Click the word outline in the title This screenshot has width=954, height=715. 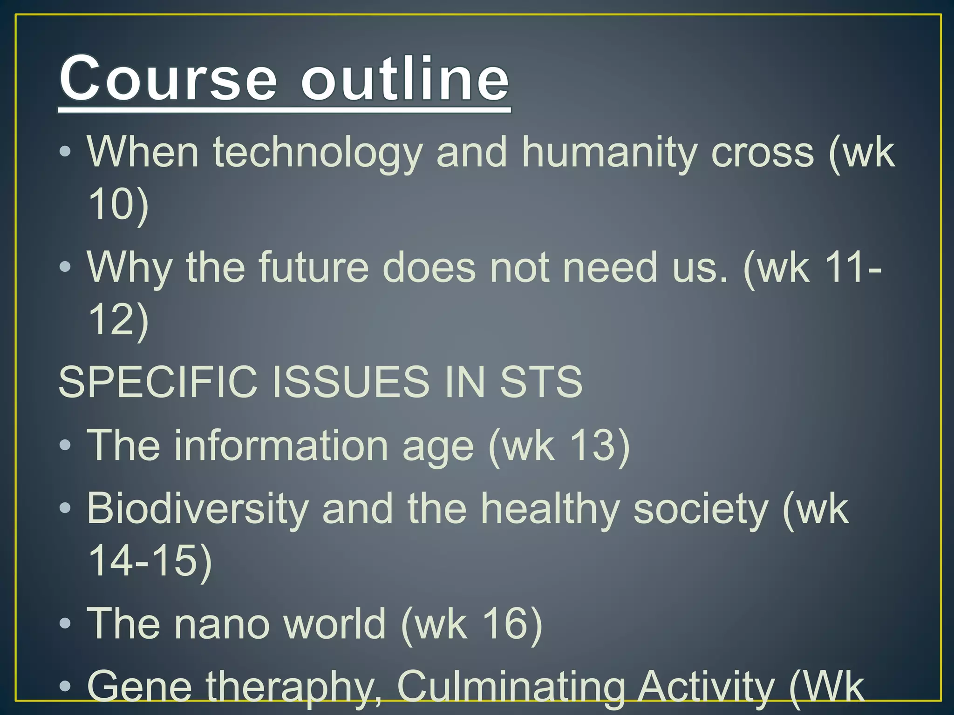[405, 79]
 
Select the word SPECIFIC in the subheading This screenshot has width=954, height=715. [157, 382]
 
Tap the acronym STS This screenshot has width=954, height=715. [541, 382]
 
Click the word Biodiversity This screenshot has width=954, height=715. [198, 509]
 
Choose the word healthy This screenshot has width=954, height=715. [550, 509]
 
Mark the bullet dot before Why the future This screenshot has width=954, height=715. [65, 267]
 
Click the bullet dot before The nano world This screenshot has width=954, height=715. [65, 623]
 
